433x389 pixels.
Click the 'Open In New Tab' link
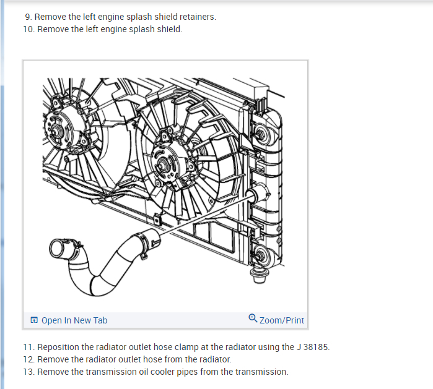74,320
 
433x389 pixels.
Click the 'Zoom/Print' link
282,320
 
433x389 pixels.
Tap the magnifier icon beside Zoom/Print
253,319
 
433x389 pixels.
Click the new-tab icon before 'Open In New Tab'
33,320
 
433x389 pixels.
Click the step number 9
28,17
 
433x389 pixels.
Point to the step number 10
28,30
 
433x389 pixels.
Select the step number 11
28,347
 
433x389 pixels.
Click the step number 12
28,359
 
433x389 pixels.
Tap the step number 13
28,372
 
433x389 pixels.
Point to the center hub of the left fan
57,131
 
